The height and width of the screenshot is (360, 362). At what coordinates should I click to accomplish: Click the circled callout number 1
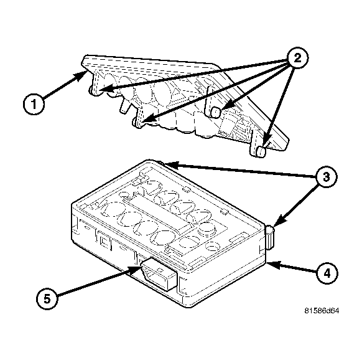(34, 103)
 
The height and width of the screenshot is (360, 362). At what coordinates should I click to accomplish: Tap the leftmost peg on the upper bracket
(94, 90)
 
